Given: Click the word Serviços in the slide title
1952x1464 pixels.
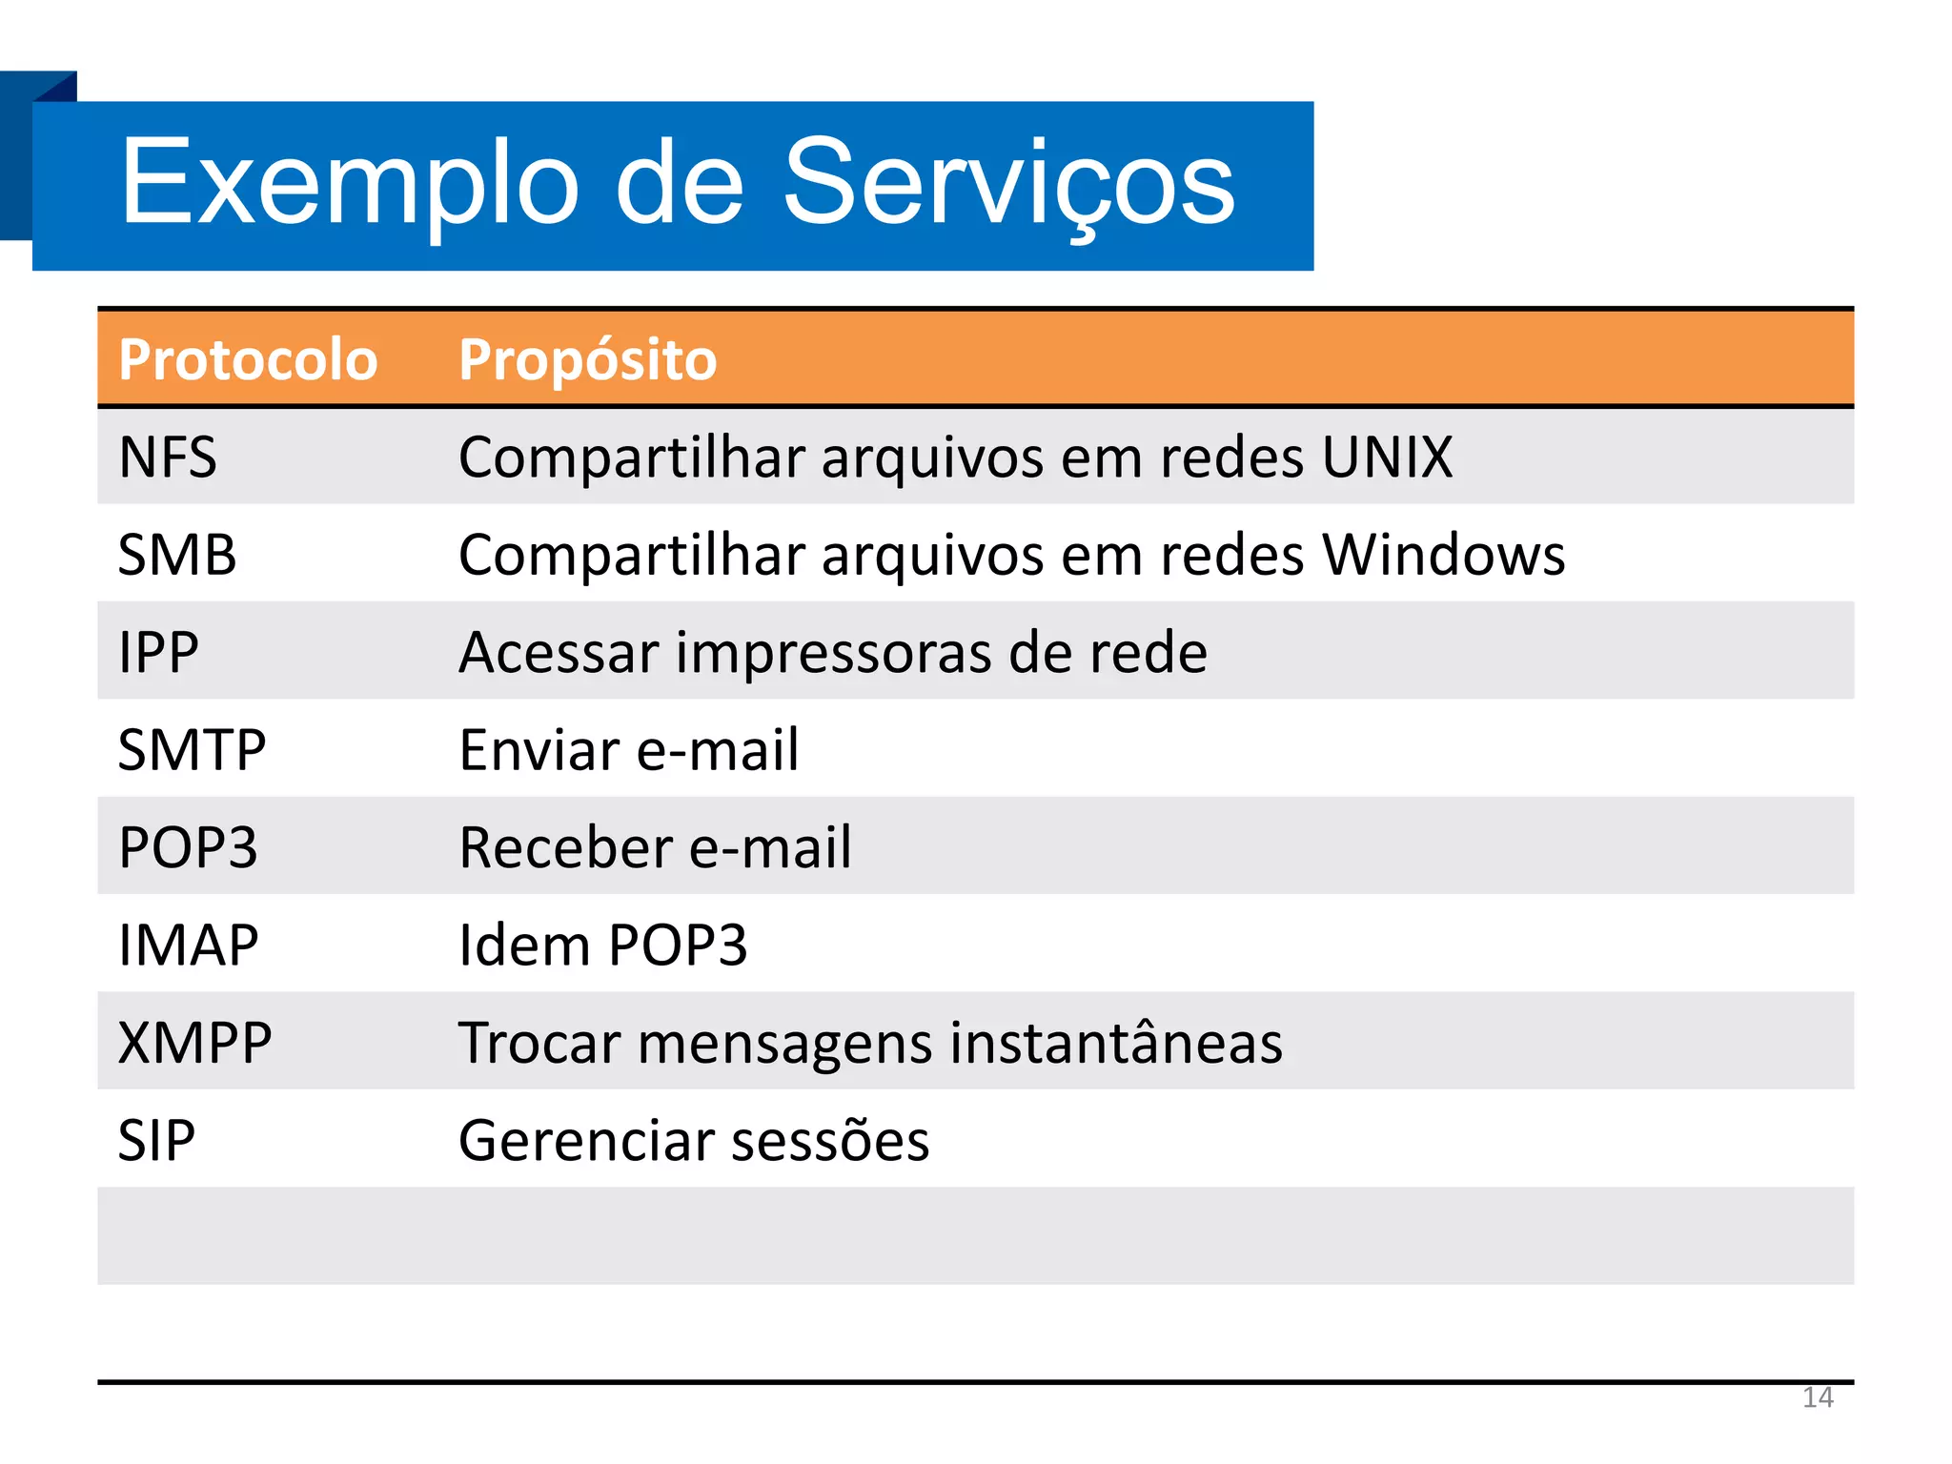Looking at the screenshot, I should (x=1008, y=183).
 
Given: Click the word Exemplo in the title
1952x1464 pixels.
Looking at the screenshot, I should (x=349, y=183).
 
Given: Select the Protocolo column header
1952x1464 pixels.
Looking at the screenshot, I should (x=248, y=360).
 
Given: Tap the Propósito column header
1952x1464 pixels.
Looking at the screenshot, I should (x=587, y=360).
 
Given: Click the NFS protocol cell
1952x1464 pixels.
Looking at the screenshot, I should (x=168, y=457).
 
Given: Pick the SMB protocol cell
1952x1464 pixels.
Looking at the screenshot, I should (x=177, y=555).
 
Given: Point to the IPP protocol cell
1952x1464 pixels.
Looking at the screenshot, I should (x=158, y=653).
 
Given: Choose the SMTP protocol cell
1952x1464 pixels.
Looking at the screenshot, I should (x=192, y=750).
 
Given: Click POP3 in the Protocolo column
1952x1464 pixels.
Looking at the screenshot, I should (x=188, y=847).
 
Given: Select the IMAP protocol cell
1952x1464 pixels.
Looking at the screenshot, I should (x=188, y=945).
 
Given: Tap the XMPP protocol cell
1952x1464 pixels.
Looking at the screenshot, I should (x=194, y=1043).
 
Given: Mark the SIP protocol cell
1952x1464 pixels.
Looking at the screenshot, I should (x=156, y=1140).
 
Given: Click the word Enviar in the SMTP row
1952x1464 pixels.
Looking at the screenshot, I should (x=539, y=750).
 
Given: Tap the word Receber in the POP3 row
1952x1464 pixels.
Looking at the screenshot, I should (x=566, y=847).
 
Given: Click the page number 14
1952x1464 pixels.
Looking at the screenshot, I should (x=1817, y=1398).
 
